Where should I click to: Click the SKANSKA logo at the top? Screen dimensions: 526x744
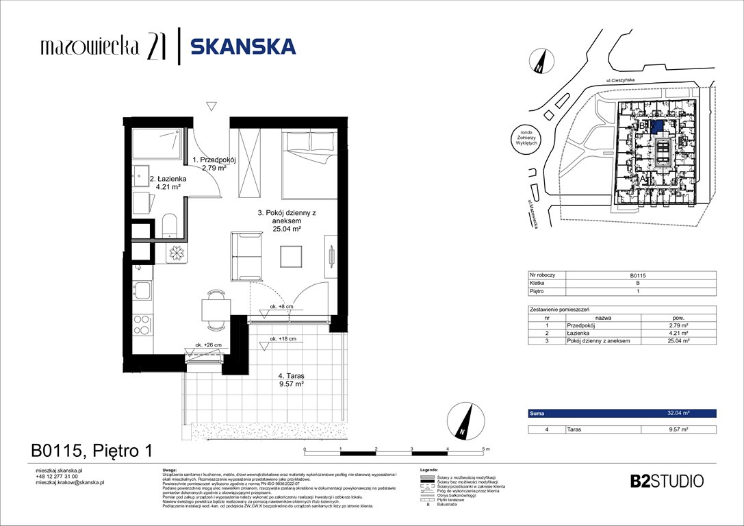tap(243, 47)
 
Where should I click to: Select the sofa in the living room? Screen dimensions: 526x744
tap(246, 256)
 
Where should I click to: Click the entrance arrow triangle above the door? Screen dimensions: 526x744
tap(211, 105)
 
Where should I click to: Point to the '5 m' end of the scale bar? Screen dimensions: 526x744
tap(485, 449)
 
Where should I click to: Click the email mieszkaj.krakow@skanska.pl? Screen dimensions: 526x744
tap(69, 482)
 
